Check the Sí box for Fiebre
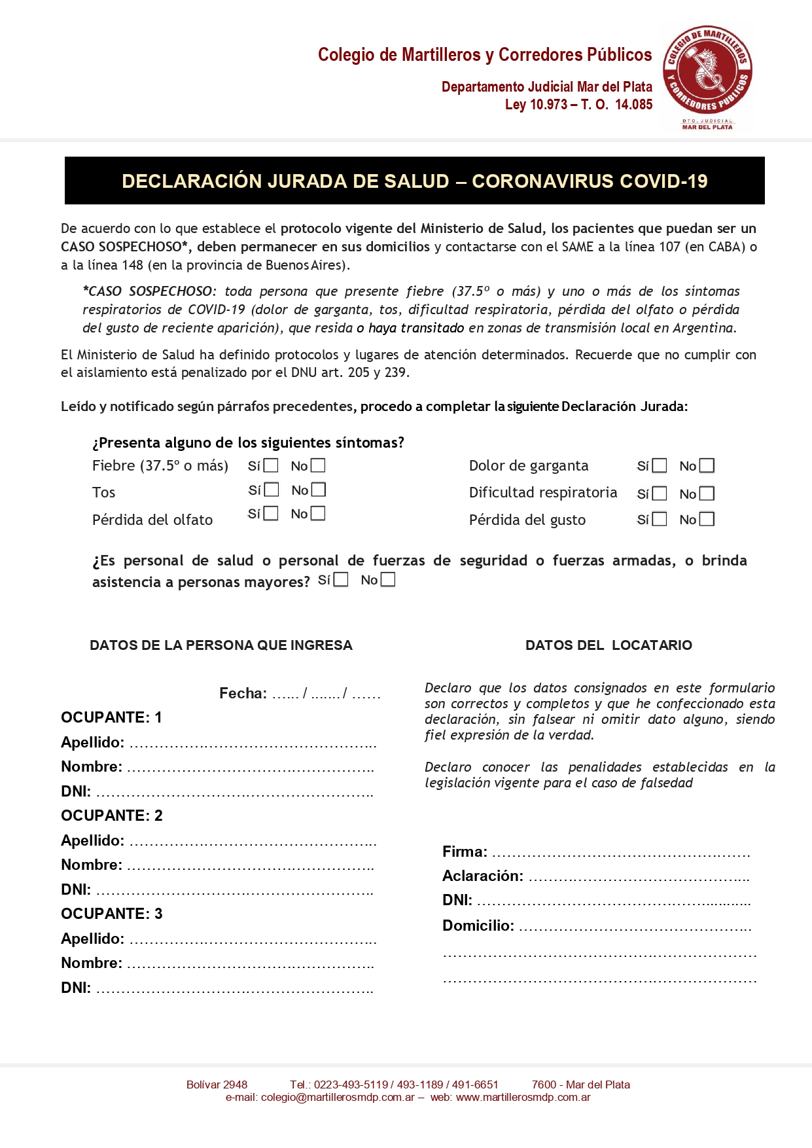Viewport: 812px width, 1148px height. (x=271, y=465)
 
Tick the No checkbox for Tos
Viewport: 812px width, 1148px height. (x=318, y=490)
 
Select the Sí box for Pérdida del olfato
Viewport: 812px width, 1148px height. (x=271, y=513)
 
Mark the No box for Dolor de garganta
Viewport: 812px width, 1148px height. (x=707, y=465)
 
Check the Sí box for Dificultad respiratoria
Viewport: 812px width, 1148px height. (x=660, y=493)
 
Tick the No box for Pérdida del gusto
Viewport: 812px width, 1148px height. (x=707, y=519)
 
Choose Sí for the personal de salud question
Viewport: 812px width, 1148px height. (x=341, y=580)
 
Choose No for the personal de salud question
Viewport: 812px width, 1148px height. (x=388, y=580)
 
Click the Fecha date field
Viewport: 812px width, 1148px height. (x=326, y=694)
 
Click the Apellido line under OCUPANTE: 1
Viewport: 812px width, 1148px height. (x=253, y=744)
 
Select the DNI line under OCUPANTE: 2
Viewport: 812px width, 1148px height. (x=234, y=891)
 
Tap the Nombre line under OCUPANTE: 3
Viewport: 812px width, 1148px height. (x=250, y=964)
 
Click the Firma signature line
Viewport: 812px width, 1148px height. (x=620, y=853)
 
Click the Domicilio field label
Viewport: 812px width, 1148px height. (x=478, y=926)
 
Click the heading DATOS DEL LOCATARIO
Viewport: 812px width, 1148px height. (x=609, y=645)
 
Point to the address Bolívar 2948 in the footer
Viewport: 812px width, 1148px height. (x=217, y=1085)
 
